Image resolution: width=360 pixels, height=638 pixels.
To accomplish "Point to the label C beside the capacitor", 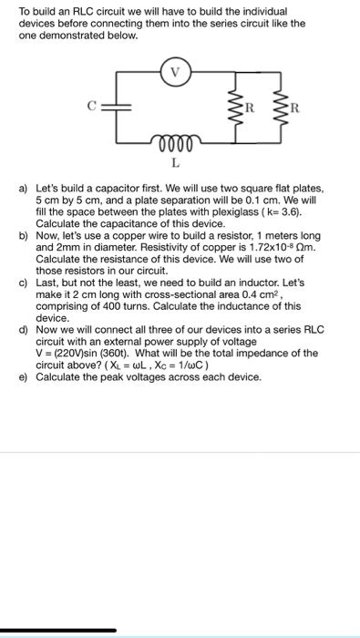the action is pos(91,107).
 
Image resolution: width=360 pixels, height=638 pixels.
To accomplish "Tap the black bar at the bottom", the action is pos(58,629).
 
